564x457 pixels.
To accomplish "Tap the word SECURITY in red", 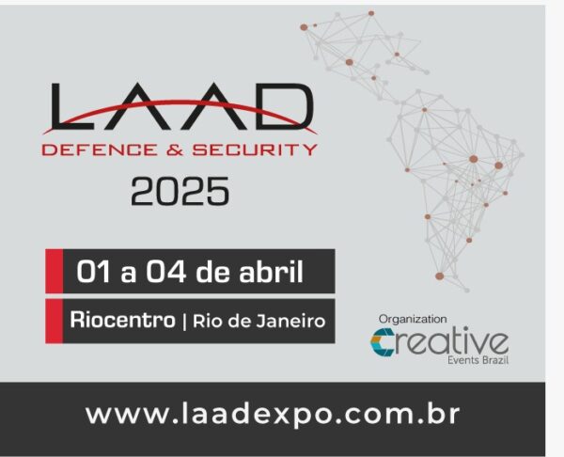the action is pyautogui.click(x=255, y=150).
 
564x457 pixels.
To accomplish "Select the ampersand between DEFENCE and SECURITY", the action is pyautogui.click(x=175, y=150).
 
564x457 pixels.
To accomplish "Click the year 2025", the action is pyautogui.click(x=180, y=191).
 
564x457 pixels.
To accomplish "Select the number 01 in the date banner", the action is pyautogui.click(x=93, y=272).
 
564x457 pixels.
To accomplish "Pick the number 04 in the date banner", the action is pyautogui.click(x=165, y=272).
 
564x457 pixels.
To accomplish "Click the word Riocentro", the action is pyautogui.click(x=122, y=320).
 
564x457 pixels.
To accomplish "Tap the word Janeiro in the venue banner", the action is pyautogui.click(x=290, y=321).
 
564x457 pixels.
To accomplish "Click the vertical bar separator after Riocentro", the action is pyautogui.click(x=184, y=322).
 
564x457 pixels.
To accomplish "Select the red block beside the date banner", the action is pyautogui.click(x=54, y=271).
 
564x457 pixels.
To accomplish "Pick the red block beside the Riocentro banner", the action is pyautogui.click(x=54, y=321).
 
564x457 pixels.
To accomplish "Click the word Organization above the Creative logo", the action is pyautogui.click(x=413, y=319).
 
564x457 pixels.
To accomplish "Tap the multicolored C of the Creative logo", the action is pyautogui.click(x=382, y=342).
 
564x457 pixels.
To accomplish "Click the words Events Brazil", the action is pyautogui.click(x=478, y=360).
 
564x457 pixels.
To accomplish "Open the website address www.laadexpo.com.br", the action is pyautogui.click(x=273, y=415).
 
